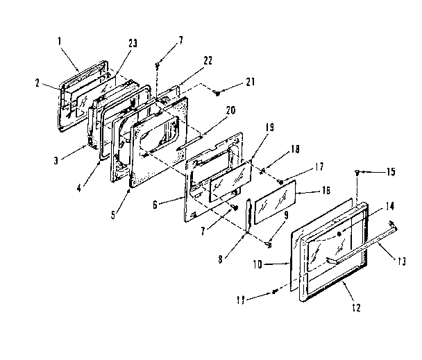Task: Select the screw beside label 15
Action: pyautogui.click(x=357, y=171)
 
